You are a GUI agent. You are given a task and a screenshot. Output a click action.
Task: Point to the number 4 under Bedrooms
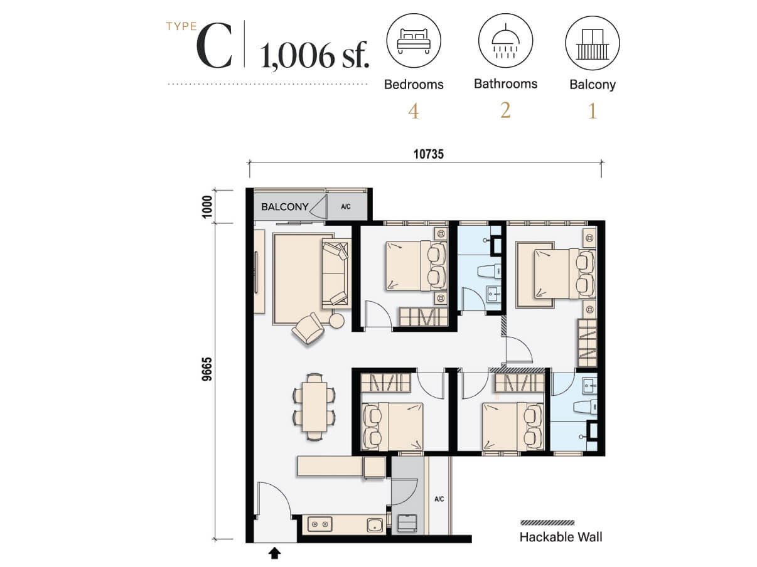[x=413, y=112]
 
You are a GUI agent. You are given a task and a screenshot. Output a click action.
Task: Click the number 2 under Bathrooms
[x=505, y=110]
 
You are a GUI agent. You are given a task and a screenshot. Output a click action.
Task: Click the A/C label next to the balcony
[x=346, y=206]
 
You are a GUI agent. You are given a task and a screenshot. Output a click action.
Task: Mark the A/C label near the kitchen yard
[x=439, y=499]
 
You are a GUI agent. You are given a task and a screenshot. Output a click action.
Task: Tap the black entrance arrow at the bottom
[x=274, y=553]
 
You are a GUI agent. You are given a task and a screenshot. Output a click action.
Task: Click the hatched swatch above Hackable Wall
[x=547, y=522]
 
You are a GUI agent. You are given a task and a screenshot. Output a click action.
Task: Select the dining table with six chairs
[x=314, y=403]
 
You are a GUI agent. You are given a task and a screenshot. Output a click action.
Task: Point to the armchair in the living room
[x=308, y=328]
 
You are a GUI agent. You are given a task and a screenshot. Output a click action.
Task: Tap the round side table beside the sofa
[x=337, y=321]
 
